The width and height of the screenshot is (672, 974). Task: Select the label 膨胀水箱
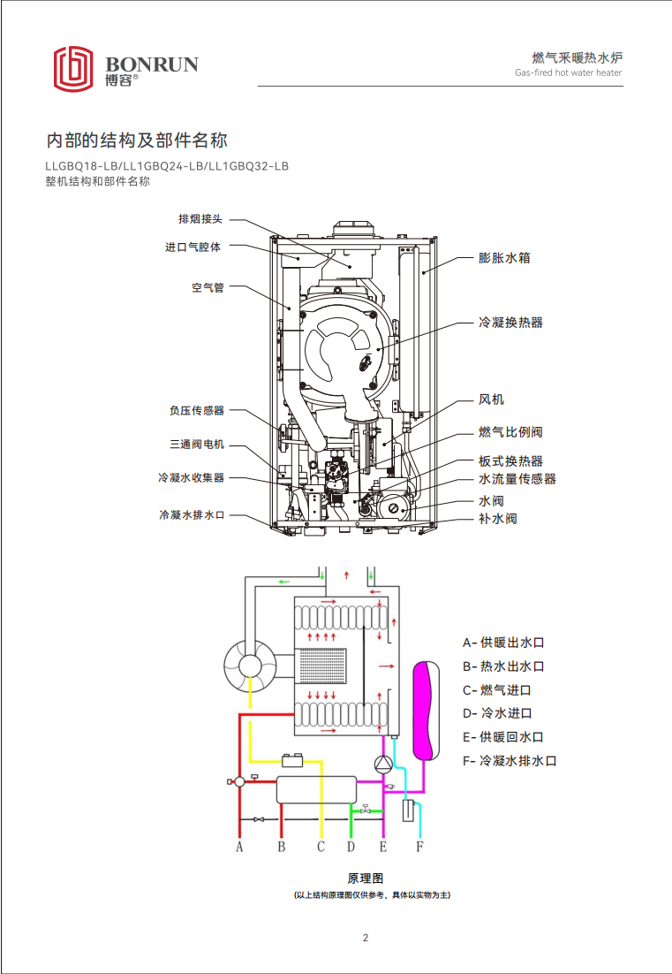[504, 258]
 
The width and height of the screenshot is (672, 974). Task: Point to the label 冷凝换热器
[510, 322]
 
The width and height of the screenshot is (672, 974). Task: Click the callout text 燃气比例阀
[510, 431]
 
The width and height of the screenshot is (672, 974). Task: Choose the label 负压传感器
[197, 410]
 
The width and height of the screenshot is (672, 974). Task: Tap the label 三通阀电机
[197, 444]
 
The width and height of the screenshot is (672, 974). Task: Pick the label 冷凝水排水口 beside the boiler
[192, 514]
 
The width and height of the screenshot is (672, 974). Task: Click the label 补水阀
[497, 518]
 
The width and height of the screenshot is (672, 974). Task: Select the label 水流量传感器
[517, 479]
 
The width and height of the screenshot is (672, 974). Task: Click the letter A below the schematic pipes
[238, 847]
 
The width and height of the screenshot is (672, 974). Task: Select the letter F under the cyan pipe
[419, 847]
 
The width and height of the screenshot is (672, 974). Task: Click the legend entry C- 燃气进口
[497, 689]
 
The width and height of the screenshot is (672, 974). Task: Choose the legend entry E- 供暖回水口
[502, 737]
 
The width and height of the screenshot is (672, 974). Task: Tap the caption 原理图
[365, 879]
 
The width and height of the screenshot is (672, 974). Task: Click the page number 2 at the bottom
[365, 938]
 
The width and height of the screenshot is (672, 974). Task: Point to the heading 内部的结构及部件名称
[137, 140]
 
